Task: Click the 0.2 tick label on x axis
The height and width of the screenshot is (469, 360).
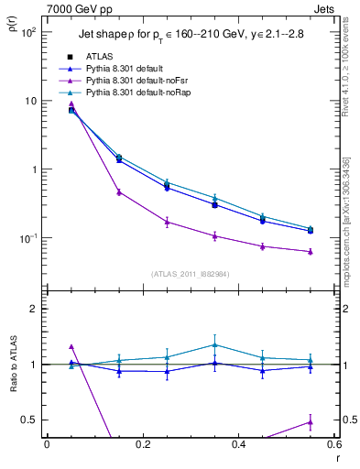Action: (142, 444)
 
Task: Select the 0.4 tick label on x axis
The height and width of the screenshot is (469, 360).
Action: (238, 444)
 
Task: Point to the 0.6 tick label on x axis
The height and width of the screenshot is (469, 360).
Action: (333, 444)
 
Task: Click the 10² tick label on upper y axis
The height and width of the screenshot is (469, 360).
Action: (27, 32)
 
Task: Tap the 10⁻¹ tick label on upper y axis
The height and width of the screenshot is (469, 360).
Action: (27, 238)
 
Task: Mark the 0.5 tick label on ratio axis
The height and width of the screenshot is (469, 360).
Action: (29, 420)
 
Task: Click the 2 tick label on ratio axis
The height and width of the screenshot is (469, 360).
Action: (34, 309)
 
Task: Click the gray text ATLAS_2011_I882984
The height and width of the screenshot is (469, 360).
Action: (190, 273)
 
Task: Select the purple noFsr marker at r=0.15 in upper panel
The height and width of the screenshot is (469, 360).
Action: (119, 192)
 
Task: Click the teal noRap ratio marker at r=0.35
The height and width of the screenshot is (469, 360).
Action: (214, 344)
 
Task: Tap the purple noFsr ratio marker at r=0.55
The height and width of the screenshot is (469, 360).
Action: (310, 421)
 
